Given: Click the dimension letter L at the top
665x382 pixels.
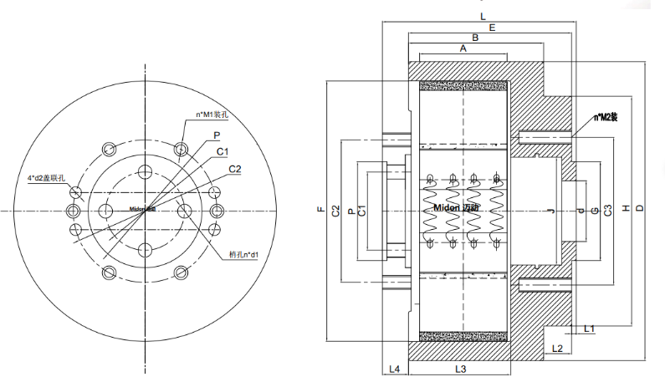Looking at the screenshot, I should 483,16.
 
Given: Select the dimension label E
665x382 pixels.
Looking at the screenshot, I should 492,28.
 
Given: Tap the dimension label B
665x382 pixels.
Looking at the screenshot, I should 474,38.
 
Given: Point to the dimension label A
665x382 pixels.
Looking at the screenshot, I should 463,49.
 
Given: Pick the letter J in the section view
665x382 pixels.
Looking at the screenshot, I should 550,210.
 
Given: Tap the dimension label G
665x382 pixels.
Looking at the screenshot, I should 594,210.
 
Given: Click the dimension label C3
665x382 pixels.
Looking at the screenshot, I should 608,210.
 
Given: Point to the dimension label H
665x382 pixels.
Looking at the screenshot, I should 625,210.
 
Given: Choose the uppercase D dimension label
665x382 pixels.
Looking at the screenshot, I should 640,208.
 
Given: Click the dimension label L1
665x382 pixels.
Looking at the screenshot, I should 589,329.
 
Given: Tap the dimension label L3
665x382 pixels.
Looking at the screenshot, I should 459,369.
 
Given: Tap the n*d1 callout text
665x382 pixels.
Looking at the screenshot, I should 245,253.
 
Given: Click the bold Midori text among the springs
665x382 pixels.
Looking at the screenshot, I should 457,206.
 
